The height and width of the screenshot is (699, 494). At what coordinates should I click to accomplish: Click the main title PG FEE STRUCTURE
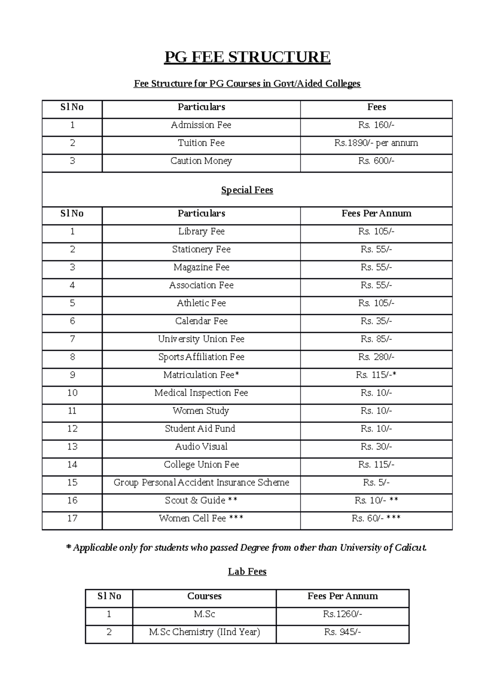247,57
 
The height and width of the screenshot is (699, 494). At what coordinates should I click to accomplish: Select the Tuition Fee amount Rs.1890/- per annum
376,143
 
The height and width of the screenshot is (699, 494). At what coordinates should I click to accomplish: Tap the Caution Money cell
201,161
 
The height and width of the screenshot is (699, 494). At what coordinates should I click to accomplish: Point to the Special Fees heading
247,190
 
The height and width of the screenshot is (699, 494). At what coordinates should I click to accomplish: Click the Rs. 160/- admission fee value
376,125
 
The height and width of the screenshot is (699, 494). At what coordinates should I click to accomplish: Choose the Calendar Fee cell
201,321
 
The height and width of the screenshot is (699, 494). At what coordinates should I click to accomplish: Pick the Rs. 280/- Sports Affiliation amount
376,357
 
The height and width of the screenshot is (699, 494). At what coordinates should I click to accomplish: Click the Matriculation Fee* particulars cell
201,375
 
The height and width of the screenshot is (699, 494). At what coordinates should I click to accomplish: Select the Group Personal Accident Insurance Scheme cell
201,482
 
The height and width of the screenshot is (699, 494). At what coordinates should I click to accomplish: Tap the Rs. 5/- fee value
376,482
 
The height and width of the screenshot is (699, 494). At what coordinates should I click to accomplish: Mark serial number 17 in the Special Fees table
72,518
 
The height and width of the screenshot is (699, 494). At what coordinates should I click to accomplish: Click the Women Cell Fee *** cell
201,518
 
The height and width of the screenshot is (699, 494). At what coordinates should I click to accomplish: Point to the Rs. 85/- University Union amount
376,339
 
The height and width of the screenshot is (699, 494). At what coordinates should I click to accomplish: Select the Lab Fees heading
247,572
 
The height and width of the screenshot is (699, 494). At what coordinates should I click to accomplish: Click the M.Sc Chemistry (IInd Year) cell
204,632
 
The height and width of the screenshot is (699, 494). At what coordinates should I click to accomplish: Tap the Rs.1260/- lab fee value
343,614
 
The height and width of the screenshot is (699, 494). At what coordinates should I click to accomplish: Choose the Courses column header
204,596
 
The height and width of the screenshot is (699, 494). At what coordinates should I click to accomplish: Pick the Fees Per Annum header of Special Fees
376,214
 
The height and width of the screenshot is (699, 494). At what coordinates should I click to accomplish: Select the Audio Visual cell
201,447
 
